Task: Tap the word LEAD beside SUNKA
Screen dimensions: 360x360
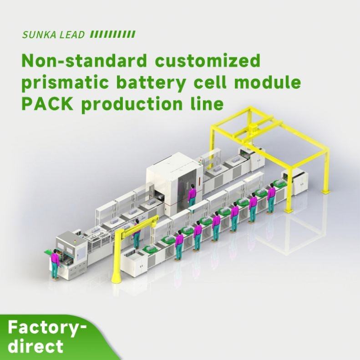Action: [72, 35]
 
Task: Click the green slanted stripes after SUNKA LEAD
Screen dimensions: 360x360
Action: [112, 35]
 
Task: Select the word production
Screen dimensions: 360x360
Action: [137, 104]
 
